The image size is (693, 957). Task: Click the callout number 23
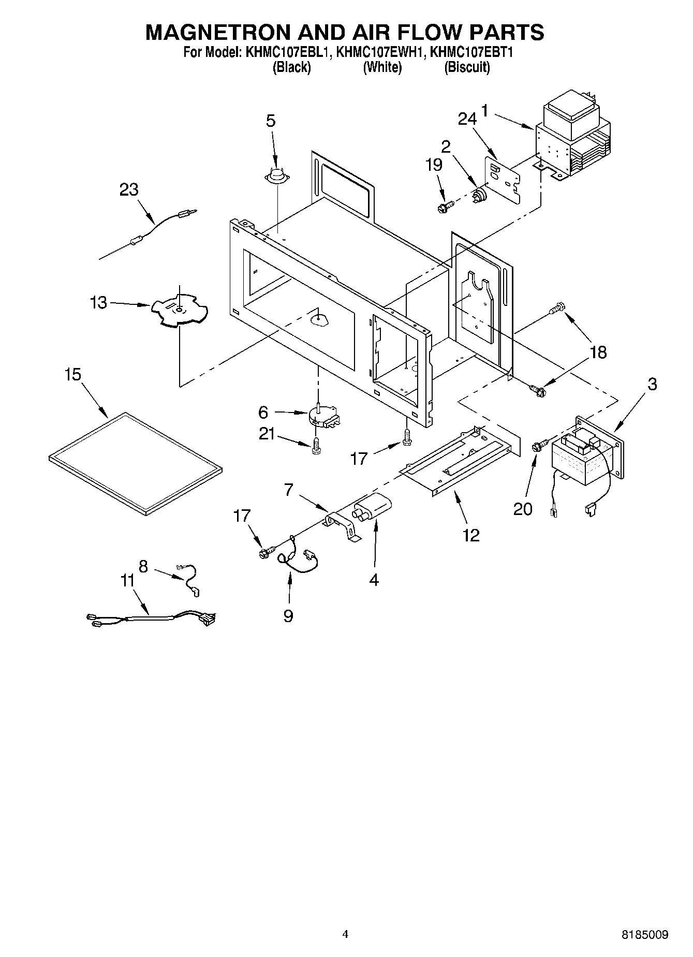(x=129, y=190)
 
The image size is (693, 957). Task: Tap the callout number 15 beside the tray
(x=73, y=374)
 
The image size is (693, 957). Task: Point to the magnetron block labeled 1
(x=571, y=142)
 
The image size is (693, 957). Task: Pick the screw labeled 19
(x=445, y=207)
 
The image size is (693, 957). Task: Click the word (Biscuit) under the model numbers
(x=467, y=67)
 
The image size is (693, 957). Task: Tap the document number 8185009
(x=645, y=935)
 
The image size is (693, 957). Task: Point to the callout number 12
(x=471, y=535)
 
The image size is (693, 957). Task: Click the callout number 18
(x=598, y=352)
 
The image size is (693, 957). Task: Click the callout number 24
(x=467, y=120)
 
